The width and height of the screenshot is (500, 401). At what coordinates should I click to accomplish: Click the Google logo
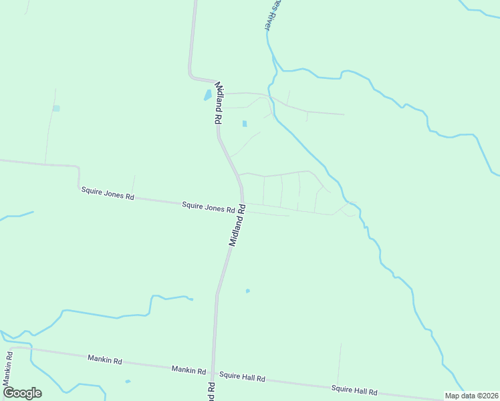click(x=22, y=393)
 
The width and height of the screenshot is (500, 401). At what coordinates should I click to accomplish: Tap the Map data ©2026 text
click(x=471, y=396)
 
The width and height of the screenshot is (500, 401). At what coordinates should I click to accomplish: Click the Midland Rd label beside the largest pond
click(x=219, y=104)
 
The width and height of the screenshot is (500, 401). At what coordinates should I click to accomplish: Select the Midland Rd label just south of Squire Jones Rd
click(x=237, y=227)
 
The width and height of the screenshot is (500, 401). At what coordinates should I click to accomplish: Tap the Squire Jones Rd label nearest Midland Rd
click(x=208, y=208)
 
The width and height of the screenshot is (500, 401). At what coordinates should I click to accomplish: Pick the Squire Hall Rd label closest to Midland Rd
click(x=242, y=378)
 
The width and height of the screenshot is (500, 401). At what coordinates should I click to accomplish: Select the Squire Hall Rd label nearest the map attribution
click(x=354, y=391)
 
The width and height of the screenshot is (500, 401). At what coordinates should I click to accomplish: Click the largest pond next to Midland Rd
click(x=208, y=95)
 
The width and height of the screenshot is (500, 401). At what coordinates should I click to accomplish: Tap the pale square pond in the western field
click(x=56, y=108)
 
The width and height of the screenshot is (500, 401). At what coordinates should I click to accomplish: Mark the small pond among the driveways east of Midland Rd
click(x=244, y=124)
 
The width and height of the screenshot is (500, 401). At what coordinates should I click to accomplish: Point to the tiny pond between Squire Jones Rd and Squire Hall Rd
click(x=247, y=291)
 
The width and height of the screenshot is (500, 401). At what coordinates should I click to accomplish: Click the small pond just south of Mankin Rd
click(x=128, y=382)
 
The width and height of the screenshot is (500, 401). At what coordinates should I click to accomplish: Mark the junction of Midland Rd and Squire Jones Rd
click(x=242, y=203)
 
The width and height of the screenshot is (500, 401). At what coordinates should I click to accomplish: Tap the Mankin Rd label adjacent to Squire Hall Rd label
click(x=188, y=369)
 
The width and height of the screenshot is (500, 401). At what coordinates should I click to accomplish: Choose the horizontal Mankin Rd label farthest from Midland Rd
click(x=104, y=360)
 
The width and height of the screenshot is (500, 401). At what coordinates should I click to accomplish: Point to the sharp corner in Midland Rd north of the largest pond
click(x=191, y=74)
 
